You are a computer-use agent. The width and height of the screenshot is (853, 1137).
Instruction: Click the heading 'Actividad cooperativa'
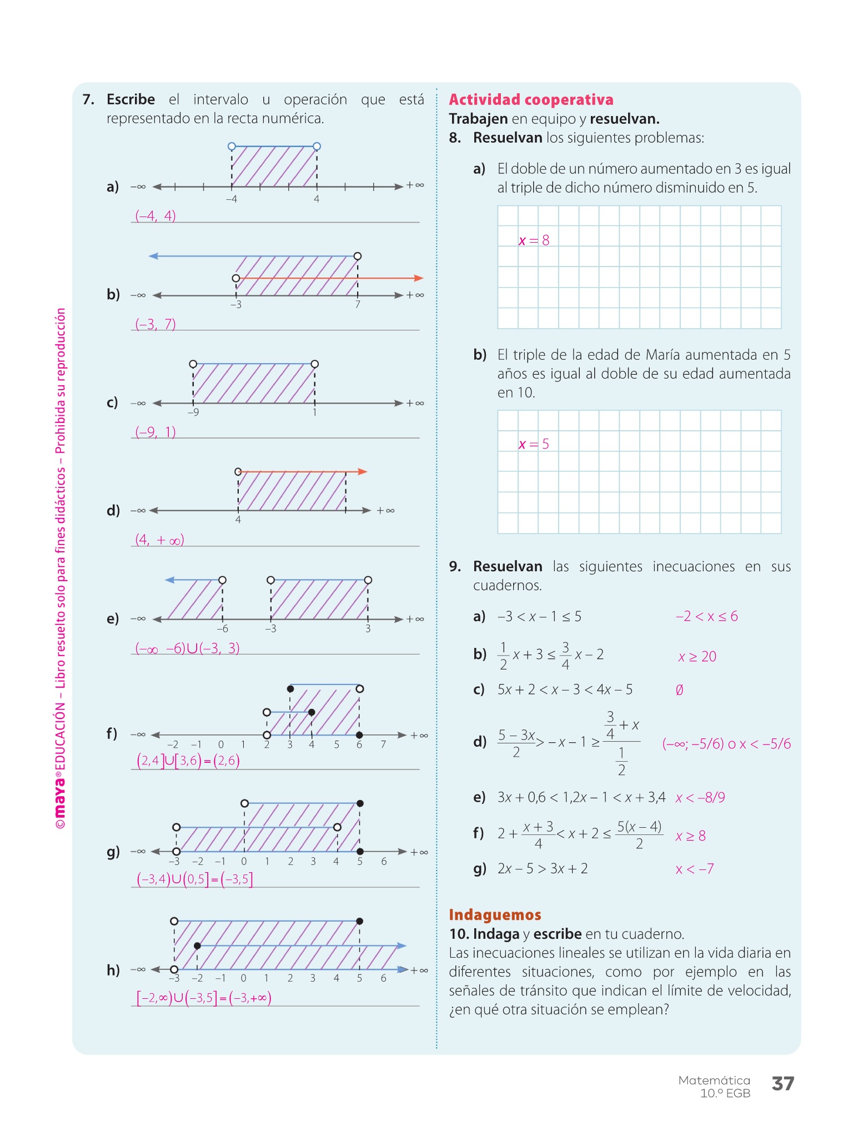click(x=531, y=100)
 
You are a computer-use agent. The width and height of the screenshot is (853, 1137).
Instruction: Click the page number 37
click(x=783, y=1083)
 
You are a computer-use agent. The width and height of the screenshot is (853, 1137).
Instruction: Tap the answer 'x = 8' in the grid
click(x=534, y=240)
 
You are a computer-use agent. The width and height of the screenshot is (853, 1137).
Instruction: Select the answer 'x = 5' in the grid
click(x=534, y=444)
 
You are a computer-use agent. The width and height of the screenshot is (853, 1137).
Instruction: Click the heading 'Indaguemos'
click(x=495, y=915)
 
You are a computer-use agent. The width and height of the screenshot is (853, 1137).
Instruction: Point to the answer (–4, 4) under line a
click(x=155, y=215)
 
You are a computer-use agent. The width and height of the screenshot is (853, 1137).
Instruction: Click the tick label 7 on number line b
click(x=358, y=305)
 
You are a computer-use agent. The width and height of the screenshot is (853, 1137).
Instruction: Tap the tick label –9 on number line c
click(x=193, y=412)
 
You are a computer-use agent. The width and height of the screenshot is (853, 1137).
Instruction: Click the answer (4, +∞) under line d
click(x=160, y=540)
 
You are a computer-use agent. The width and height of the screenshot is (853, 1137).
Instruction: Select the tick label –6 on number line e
click(x=222, y=629)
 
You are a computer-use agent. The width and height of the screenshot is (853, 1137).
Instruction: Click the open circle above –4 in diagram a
click(x=232, y=147)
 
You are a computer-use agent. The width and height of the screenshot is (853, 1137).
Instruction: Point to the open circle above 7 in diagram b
click(x=358, y=256)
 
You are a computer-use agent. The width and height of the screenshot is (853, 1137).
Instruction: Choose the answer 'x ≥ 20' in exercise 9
click(x=698, y=657)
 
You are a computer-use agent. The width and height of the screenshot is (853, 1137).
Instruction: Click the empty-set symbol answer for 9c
click(x=679, y=690)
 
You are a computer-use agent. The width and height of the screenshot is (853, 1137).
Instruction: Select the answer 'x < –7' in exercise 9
click(x=695, y=869)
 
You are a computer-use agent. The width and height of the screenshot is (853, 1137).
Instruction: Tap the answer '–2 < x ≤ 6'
click(x=707, y=616)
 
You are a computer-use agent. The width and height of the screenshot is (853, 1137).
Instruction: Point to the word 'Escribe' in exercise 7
click(x=131, y=99)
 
